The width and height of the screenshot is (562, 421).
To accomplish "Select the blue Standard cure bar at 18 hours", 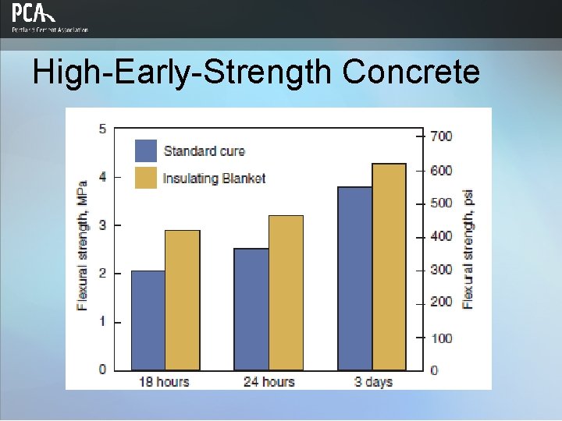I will pos(148,320).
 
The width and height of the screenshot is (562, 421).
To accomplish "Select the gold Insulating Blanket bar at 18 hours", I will pos(182,300).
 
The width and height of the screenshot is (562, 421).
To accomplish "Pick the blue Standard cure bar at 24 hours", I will pos(251,310).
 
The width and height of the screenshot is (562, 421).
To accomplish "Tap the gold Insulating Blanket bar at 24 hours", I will pos(286,292).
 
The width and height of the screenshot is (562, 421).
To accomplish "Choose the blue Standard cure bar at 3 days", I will pos(355,278).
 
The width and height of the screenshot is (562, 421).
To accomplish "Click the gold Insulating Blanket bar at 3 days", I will pos(389,267).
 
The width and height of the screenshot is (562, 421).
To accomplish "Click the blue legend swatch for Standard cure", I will pos(146,150).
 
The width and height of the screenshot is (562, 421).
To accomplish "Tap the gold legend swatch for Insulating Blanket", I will pos(146,178).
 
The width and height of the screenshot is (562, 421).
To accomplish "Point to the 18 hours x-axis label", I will pos(163,381).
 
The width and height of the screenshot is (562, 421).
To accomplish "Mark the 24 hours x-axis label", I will pos(268,381).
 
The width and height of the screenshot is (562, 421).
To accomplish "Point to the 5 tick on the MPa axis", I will pos(102,129).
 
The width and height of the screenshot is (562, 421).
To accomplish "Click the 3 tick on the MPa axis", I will pos(102,225).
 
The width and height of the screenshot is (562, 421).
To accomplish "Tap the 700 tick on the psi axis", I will pos(441,136).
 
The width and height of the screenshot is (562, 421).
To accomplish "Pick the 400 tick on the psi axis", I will pos(441,236).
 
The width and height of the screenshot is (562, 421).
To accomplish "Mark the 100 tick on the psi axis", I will pos(441,338).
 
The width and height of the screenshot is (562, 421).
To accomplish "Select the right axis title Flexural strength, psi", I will pos(468,249).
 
